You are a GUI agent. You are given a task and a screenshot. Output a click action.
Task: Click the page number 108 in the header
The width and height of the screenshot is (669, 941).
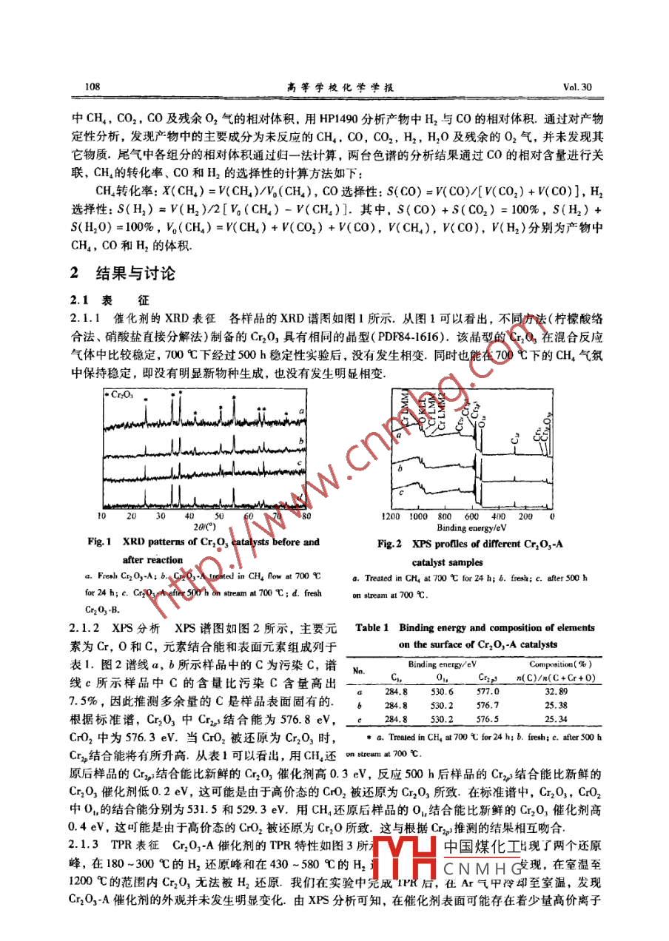[93, 87]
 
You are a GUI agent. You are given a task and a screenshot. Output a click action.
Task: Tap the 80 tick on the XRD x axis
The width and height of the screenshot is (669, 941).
[306, 516]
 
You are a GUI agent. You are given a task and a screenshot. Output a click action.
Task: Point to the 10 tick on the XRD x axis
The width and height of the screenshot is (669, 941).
[101, 516]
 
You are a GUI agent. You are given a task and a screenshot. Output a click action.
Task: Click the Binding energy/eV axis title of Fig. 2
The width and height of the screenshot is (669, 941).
[472, 527]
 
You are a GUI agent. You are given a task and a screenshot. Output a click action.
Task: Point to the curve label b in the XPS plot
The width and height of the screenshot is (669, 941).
[400, 468]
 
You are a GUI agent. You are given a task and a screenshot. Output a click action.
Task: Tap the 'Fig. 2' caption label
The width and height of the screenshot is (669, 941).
[389, 544]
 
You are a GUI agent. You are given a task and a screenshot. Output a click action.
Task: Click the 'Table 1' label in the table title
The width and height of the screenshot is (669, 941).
[372, 628]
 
